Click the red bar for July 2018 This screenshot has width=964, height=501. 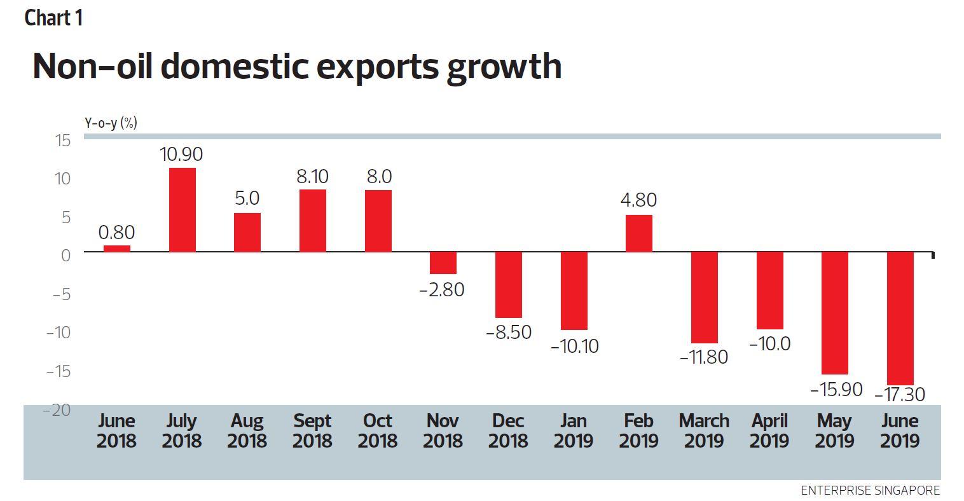point(182,210)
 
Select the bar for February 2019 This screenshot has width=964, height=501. point(639,233)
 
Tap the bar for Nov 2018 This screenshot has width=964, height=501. point(443,263)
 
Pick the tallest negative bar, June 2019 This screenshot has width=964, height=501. point(900,318)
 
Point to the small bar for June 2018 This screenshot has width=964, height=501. point(117,249)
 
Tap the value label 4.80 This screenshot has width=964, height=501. point(638,200)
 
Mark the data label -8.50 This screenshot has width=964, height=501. point(508,332)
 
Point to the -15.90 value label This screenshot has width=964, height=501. point(836,389)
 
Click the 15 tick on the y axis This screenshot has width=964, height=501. point(62,141)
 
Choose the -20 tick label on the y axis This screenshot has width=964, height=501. point(57,410)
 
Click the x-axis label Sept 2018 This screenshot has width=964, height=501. point(312,430)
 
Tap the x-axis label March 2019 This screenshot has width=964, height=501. point(704,430)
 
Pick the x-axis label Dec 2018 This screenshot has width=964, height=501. point(508,430)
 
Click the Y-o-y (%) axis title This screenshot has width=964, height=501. point(111,123)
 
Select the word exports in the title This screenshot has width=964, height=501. point(378,66)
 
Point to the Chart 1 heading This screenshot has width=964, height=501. point(53,18)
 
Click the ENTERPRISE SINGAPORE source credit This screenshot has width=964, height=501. point(870,490)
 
